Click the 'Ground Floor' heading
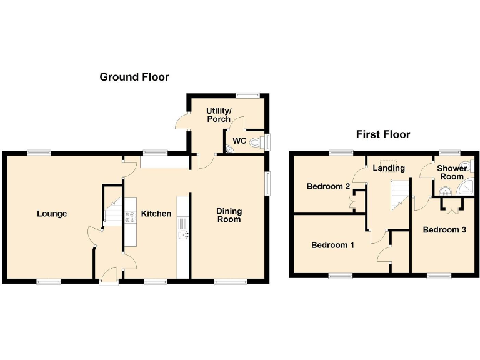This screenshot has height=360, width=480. pyautogui.click(x=134, y=77)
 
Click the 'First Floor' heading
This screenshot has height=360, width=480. pyautogui.click(x=383, y=134)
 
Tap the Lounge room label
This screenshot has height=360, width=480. pyautogui.click(x=52, y=214)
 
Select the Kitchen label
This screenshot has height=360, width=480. pyautogui.click(x=156, y=214)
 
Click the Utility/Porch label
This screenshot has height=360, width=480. pyautogui.click(x=219, y=114)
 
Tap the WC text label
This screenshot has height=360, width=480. pyautogui.click(x=239, y=140)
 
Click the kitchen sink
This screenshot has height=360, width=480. pyautogui.click(x=183, y=234)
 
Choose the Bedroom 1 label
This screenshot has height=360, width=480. pyautogui.click(x=332, y=245)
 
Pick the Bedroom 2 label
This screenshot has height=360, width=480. pyautogui.click(x=328, y=186)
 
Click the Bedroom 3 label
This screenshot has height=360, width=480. pyautogui.click(x=444, y=230)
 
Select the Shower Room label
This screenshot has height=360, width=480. pyautogui.click(x=452, y=172)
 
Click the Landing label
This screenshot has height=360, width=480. pyautogui.click(x=389, y=167)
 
